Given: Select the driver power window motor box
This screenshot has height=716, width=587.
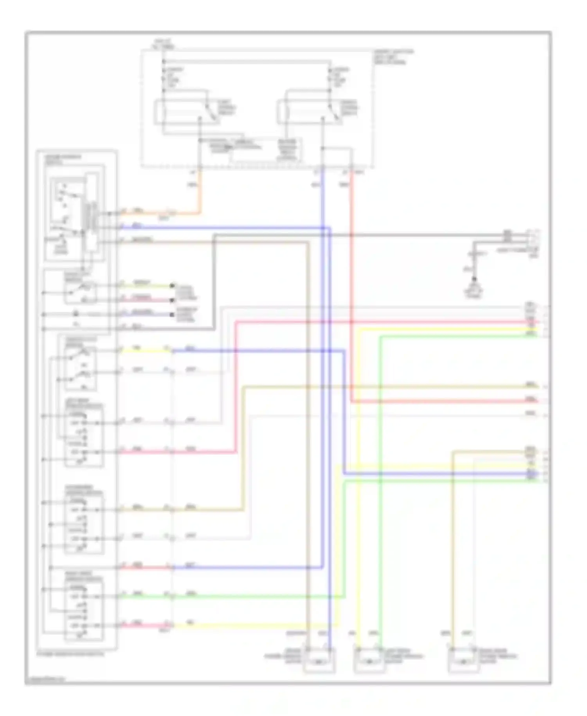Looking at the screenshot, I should [319, 661].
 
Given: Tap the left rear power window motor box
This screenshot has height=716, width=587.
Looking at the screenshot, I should [369, 661].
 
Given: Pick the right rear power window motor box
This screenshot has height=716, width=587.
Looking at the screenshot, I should [463, 661].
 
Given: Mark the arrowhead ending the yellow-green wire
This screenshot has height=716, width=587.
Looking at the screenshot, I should [173, 286].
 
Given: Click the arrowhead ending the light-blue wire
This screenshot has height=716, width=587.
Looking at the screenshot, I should [173, 315].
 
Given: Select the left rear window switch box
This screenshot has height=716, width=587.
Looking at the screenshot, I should [84, 435].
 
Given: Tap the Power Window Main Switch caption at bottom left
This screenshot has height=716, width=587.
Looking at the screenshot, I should [70, 654].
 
